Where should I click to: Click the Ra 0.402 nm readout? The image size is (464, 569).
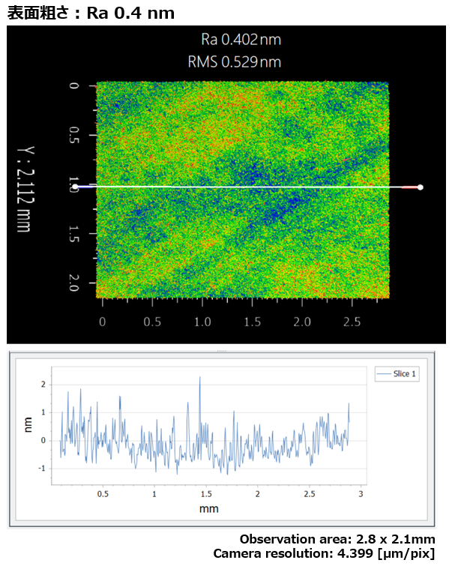[x=241, y=39]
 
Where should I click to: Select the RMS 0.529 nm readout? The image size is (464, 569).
[x=235, y=61]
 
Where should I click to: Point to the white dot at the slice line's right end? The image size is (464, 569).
[x=421, y=187]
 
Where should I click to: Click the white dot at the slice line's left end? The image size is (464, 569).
[x=75, y=187]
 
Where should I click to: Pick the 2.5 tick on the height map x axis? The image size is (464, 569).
[x=352, y=322]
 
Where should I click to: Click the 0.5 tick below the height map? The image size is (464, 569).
[x=152, y=322]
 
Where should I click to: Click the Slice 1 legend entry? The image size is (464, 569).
[x=398, y=373]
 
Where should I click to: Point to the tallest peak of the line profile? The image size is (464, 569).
[x=199, y=378]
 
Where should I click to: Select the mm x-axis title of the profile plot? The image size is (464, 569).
[x=209, y=508]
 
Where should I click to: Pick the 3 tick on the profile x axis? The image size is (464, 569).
[x=361, y=494]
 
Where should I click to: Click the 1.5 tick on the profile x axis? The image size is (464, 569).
[x=206, y=494]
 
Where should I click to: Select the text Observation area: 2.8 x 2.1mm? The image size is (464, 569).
[x=337, y=539]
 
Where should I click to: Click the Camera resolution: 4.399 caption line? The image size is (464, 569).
[x=324, y=553]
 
